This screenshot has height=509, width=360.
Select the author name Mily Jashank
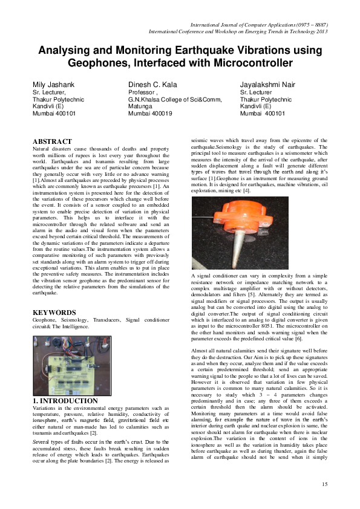[x=54, y=84]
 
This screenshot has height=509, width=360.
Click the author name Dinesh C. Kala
[x=154, y=84]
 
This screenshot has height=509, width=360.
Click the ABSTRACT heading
[x=51, y=141]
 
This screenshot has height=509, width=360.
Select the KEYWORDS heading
[x=53, y=313]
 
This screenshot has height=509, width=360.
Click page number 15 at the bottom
[x=325, y=484]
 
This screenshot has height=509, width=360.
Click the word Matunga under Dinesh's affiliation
[x=142, y=106]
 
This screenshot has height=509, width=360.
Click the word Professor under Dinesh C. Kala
[x=143, y=92]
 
